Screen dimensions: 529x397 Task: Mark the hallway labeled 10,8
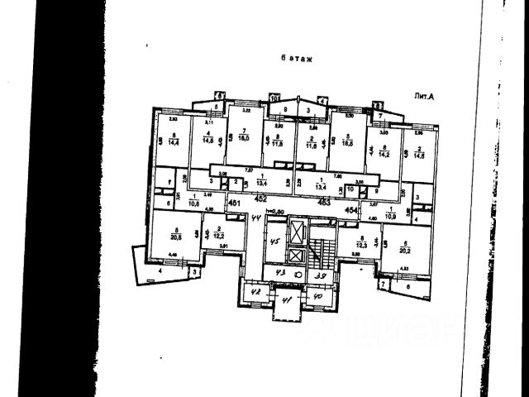tap(195, 200)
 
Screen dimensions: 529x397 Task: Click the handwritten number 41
tap(288, 301)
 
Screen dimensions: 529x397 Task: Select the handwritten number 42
tap(255, 291)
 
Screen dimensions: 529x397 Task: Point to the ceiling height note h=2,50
tap(278, 212)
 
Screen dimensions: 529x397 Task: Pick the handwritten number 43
tap(281, 274)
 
